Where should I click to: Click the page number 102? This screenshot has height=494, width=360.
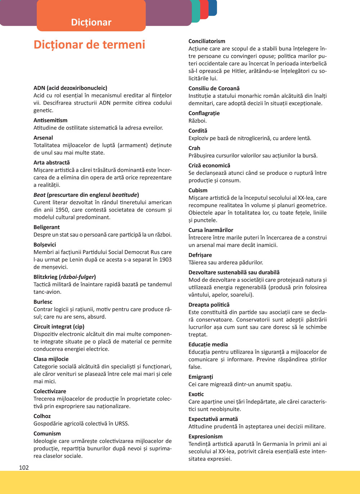point(24,467)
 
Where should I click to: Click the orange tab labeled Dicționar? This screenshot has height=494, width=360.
point(91,22)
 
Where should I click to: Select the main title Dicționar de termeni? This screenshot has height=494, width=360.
point(89,45)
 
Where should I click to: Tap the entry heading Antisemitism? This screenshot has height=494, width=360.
point(50,120)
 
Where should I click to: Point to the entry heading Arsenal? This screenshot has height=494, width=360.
point(43,137)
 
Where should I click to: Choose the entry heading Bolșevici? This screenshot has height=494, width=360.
point(45,245)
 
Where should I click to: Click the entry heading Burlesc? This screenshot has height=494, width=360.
point(43,302)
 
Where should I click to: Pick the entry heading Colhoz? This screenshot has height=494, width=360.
point(42,416)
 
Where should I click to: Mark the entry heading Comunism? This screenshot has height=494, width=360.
point(47,433)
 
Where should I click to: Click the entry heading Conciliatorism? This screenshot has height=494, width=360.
point(207,41)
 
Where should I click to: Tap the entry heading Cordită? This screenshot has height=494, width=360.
point(198,131)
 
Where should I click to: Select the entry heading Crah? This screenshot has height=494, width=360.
point(194,148)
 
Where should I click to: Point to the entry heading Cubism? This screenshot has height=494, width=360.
point(198,190)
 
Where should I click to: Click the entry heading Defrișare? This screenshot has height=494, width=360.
point(200,255)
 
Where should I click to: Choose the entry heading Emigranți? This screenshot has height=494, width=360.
point(201,377)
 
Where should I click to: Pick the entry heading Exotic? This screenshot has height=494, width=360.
point(196,394)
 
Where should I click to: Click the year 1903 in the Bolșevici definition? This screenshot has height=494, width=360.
point(165,259)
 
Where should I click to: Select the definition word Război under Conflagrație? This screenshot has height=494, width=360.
point(198,121)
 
